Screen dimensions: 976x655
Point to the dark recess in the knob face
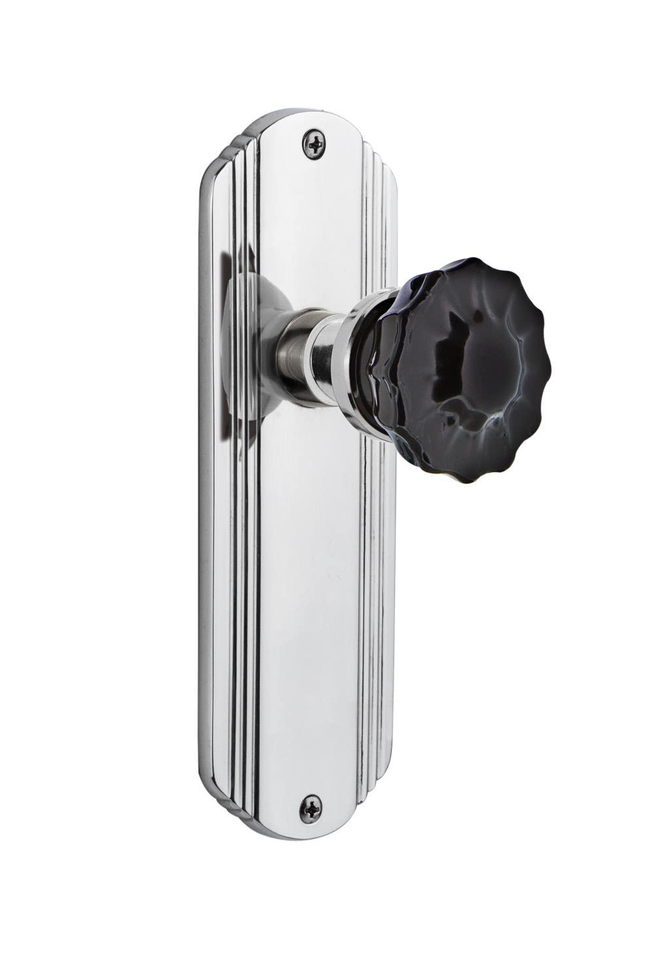pyautogui.click(x=458, y=341)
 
